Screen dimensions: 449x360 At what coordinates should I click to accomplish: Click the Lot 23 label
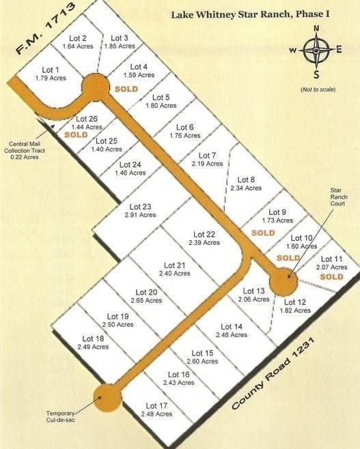(139, 207)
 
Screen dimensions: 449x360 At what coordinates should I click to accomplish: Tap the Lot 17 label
(158, 406)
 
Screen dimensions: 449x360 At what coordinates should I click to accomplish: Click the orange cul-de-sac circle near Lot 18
(107, 398)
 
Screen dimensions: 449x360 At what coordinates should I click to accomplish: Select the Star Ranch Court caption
(339, 196)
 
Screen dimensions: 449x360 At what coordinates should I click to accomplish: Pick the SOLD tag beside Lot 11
(331, 277)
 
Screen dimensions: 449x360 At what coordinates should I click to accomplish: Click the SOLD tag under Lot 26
(76, 135)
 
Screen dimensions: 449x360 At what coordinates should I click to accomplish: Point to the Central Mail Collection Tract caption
(25, 150)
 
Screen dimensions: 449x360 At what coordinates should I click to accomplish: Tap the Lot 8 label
(246, 179)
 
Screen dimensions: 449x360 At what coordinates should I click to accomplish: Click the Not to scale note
(316, 89)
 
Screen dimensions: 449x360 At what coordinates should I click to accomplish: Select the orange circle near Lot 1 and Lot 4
(96, 87)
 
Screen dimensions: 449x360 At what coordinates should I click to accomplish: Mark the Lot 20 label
(147, 292)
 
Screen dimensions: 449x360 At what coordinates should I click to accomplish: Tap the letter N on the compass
(316, 28)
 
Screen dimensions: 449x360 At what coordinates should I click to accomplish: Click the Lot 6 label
(184, 127)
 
